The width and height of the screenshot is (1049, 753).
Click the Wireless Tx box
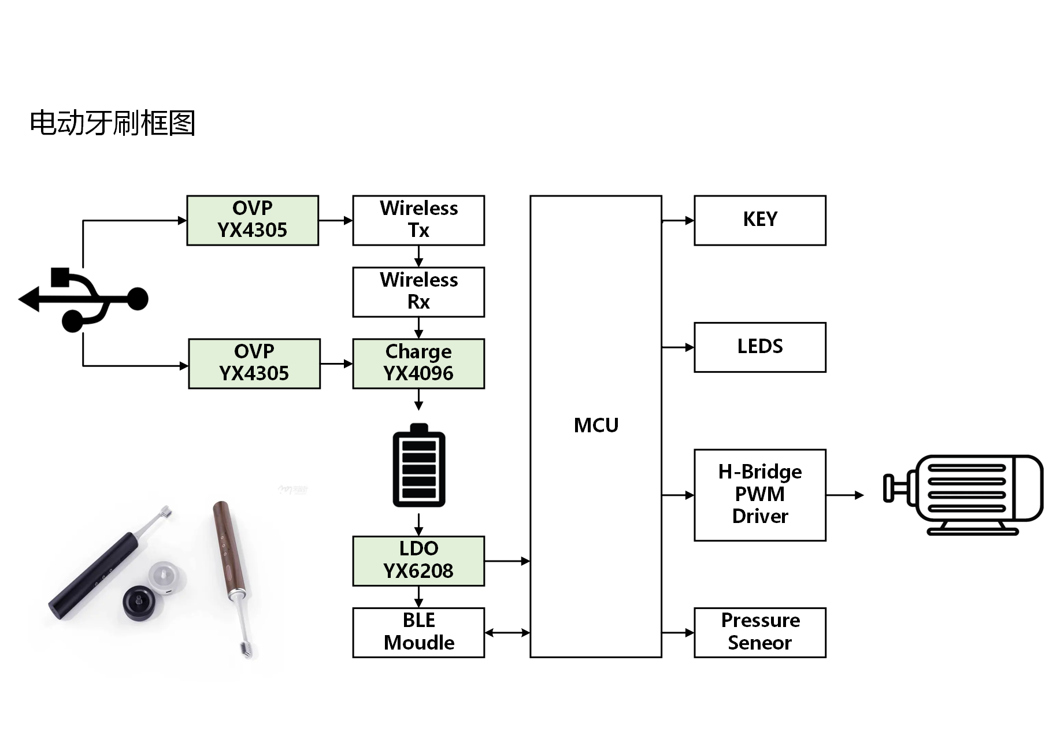[418, 220]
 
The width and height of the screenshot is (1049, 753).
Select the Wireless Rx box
[418, 292]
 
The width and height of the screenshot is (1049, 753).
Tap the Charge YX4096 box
[418, 363]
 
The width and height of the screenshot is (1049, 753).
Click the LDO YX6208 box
[418, 561]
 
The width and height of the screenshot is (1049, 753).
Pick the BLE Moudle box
[418, 632]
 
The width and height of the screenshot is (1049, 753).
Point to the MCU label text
[596, 425]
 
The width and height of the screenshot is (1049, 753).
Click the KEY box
[759, 220]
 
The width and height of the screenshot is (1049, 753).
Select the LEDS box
[759, 347]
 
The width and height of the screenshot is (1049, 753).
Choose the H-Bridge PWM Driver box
[759, 495]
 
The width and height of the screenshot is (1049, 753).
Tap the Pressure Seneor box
[759, 632]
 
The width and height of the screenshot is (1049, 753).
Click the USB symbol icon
[84, 299]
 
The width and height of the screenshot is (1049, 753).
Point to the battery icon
[419, 465]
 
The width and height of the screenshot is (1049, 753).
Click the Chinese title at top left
[112, 123]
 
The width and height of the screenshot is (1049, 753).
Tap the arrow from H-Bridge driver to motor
[845, 495]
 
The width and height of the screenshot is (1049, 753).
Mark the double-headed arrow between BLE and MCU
[507, 633]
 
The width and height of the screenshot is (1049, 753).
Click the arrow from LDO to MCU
[507, 561]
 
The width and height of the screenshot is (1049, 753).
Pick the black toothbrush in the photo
[104, 566]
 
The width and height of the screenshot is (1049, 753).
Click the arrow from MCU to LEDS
[677, 347]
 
